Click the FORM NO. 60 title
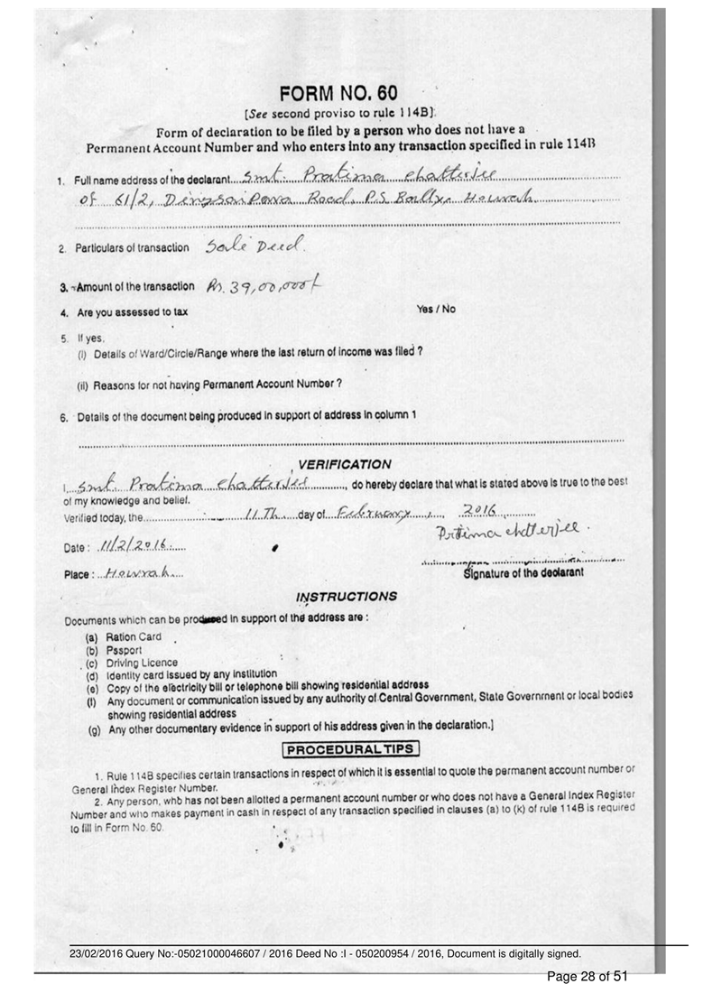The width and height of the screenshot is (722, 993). [338, 94]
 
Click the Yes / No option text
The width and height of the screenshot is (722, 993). [436, 309]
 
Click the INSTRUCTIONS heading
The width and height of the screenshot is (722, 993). [347, 597]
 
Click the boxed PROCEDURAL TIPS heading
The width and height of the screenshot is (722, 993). [351, 748]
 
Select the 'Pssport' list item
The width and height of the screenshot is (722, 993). [126, 650]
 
